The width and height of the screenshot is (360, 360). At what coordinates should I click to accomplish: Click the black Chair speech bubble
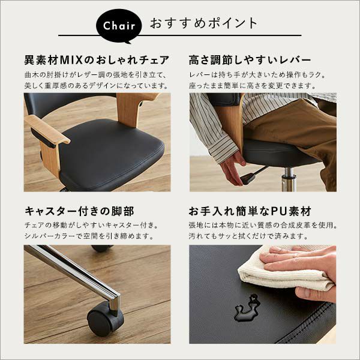coord(119,26)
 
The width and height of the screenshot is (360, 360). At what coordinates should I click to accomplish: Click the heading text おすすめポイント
coord(204,23)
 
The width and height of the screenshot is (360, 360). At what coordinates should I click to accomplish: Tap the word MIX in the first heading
coord(71,60)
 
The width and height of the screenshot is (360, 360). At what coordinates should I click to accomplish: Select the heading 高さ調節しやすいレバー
coord(250,60)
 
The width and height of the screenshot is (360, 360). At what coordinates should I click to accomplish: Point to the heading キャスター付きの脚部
coord(79,211)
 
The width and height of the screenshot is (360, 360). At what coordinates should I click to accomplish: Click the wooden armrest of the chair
coord(47,129)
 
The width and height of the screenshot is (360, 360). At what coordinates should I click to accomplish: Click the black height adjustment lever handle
coord(247,178)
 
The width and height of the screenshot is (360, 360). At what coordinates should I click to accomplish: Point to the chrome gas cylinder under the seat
coord(289,180)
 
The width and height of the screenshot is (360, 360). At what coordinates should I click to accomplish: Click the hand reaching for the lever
coord(232,168)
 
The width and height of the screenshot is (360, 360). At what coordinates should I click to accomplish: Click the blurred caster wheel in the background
coord(103,248)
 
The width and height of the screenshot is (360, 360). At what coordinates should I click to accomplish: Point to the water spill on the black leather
coord(246,308)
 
